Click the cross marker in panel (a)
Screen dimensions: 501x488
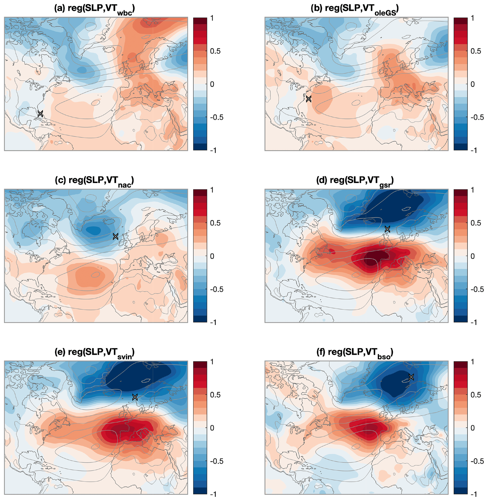point(40,113)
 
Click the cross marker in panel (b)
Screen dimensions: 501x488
point(309,99)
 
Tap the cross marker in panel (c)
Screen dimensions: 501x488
point(116,236)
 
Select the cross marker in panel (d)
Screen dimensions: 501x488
point(387,229)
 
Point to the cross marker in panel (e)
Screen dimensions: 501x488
point(135,397)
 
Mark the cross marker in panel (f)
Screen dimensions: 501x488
point(411,377)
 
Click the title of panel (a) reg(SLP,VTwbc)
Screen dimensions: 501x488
point(95,9)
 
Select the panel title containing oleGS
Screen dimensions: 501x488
point(355,9)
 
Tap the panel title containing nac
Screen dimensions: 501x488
point(95,181)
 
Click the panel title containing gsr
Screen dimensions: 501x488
point(355,181)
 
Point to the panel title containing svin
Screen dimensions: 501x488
point(95,353)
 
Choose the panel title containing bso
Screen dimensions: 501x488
point(355,353)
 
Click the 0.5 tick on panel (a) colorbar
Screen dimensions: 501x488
point(215,51)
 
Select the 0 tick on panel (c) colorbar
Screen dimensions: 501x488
point(212,256)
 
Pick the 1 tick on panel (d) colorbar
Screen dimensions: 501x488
point(472,190)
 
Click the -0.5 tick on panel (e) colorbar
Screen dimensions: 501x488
point(216,461)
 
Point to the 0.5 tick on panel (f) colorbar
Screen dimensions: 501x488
point(476,395)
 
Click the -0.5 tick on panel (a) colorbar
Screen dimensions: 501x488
point(216,117)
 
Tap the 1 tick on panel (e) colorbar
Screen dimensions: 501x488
point(212,362)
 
